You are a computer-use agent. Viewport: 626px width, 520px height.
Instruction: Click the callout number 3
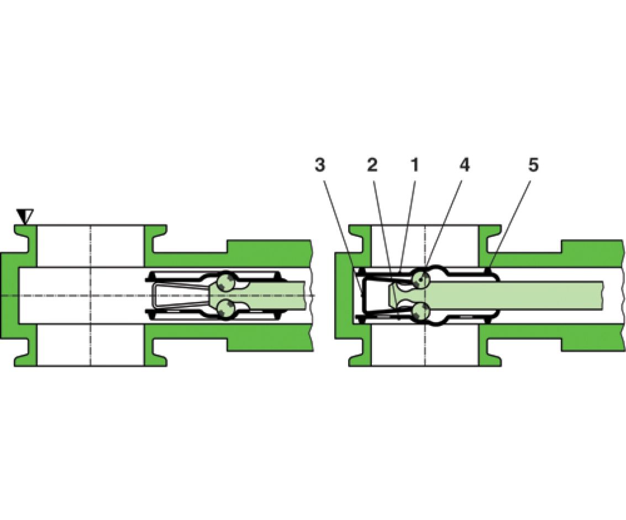[x=319, y=165]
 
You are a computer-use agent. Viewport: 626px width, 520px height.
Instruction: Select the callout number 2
[x=372, y=165]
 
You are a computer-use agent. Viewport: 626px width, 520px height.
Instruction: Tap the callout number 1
[x=415, y=165]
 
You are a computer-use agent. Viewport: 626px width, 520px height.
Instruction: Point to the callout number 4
[x=464, y=165]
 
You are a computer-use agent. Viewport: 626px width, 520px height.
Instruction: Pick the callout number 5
[x=533, y=165]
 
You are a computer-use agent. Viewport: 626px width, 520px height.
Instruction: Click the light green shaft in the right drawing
[x=515, y=295]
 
